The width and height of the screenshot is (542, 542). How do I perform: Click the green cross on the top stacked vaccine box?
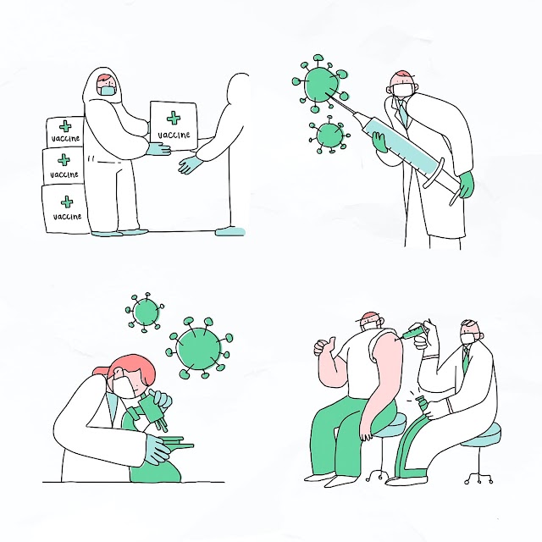click(65, 126)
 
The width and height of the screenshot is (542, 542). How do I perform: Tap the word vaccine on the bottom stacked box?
click(67, 217)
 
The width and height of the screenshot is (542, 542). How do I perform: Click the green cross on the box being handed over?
click(174, 119)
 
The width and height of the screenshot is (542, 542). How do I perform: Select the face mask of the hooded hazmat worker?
click(108, 91)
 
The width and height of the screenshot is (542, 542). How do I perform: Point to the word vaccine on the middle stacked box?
click(64, 174)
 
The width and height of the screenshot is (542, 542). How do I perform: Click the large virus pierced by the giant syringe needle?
click(320, 83)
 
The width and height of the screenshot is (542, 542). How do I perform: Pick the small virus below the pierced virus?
click(329, 135)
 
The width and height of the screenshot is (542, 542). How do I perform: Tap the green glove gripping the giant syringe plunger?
click(466, 185)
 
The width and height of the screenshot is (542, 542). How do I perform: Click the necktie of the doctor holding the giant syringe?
click(403, 112)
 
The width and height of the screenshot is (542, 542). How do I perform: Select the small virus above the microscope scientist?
click(145, 312)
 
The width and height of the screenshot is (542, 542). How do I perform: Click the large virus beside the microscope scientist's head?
click(199, 348)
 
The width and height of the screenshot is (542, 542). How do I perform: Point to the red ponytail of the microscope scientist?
click(102, 371)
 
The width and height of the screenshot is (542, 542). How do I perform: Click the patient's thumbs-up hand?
click(324, 346)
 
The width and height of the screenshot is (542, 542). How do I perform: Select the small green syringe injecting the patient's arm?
click(413, 331)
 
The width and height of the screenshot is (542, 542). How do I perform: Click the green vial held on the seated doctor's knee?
click(423, 405)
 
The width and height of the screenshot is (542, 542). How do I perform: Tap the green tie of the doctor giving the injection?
click(466, 358)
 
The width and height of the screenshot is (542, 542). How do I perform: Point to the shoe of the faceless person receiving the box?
click(230, 231)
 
